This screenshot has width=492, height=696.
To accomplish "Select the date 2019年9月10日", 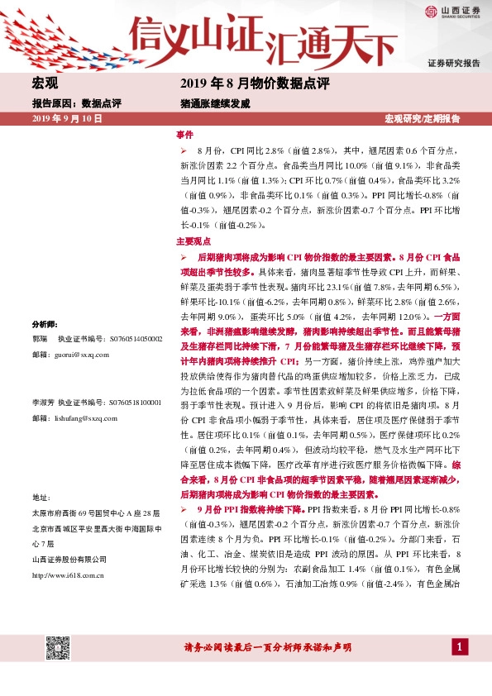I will (66, 119).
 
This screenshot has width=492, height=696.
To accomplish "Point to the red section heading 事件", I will (184, 134).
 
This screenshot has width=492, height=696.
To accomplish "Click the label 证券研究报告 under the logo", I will (453, 64).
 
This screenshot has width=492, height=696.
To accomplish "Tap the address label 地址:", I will (41, 498).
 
